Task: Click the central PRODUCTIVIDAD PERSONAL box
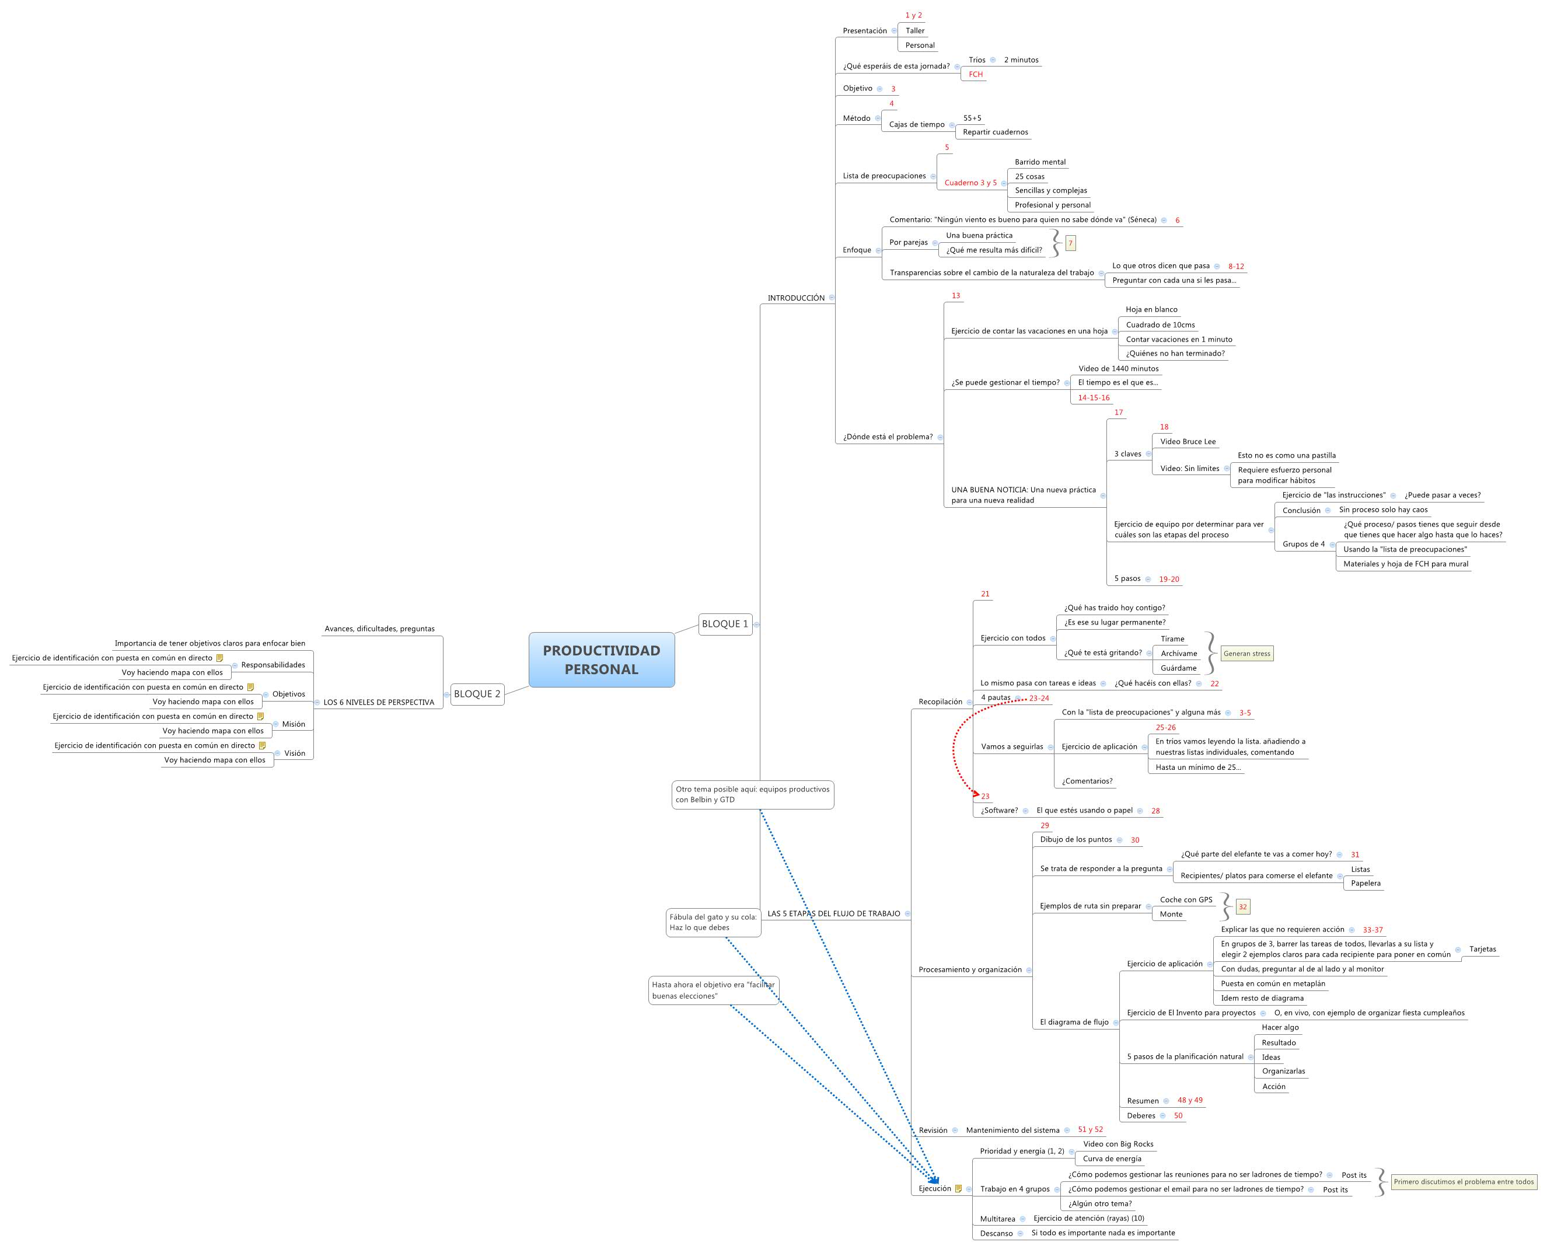(x=601, y=659)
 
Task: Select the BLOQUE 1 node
(x=724, y=624)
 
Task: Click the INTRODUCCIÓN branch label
(x=795, y=298)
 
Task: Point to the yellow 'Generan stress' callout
(x=1246, y=653)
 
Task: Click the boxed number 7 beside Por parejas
(x=1070, y=243)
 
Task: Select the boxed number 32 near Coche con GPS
(x=1242, y=906)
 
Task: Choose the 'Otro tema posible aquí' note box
(x=752, y=794)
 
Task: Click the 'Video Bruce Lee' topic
(x=1188, y=442)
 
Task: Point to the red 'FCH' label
(x=975, y=74)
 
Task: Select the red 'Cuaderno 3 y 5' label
(x=970, y=183)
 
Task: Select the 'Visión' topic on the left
(x=294, y=753)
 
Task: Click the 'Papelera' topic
(x=1365, y=883)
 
